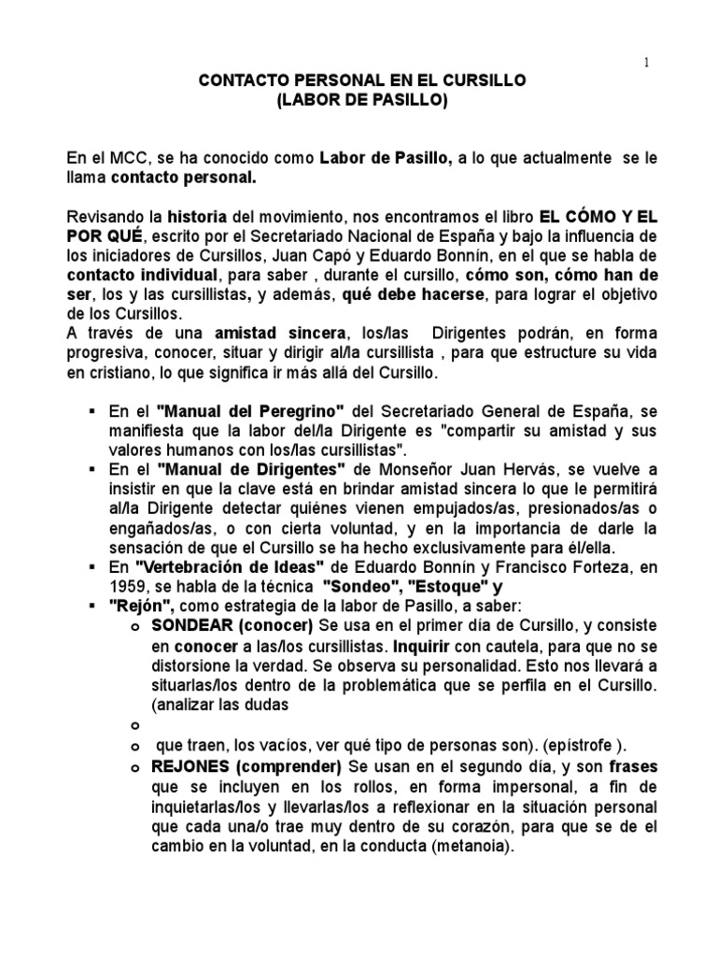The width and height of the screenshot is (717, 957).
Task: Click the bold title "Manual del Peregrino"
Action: pyautogui.click(x=252, y=411)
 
